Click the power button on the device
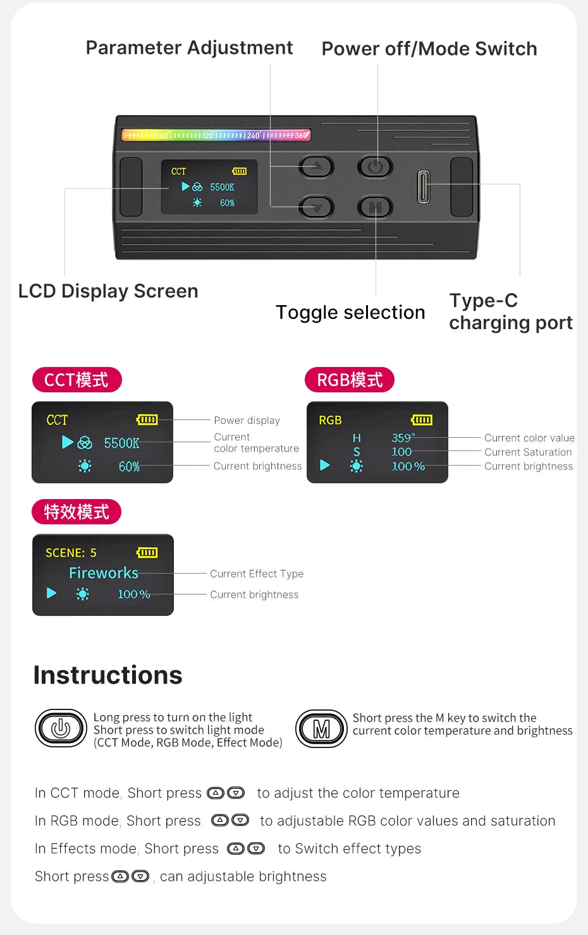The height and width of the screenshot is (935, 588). click(x=375, y=167)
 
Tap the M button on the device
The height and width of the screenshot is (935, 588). click(x=375, y=207)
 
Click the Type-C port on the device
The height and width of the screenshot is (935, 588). click(x=423, y=187)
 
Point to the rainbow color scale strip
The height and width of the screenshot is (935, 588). click(x=216, y=135)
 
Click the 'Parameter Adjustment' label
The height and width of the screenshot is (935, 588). click(x=189, y=48)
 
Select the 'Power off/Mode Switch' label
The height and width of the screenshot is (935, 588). click(x=429, y=49)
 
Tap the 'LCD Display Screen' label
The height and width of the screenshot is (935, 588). click(x=108, y=291)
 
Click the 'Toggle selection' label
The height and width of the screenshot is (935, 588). click(x=350, y=312)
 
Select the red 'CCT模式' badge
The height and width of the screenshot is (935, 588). click(x=77, y=380)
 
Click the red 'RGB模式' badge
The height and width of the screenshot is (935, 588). click(x=350, y=380)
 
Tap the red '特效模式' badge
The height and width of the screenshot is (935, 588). click(x=77, y=512)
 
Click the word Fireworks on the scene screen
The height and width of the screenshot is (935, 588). click(x=104, y=573)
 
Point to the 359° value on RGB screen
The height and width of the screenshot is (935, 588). click(x=403, y=438)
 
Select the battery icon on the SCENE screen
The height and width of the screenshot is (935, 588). click(x=147, y=553)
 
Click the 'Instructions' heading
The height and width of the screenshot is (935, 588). click(x=108, y=675)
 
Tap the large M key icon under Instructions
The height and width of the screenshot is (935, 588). click(x=321, y=729)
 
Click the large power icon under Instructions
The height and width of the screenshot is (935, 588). click(x=61, y=729)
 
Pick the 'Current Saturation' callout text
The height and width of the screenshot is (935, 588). click(x=528, y=452)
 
